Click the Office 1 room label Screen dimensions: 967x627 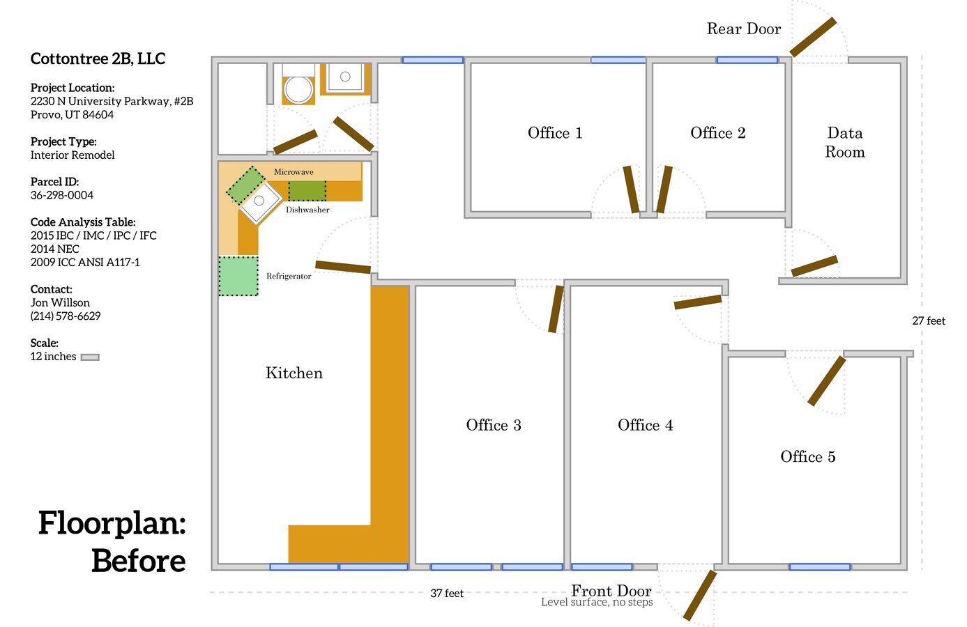[555, 133]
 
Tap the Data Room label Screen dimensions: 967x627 [845, 142]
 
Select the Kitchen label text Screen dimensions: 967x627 [294, 373]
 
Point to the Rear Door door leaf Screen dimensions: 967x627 [814, 37]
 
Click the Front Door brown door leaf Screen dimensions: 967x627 [700, 595]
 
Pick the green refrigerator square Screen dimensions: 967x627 [238, 276]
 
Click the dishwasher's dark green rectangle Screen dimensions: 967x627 [307, 191]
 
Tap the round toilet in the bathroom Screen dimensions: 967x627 [298, 90]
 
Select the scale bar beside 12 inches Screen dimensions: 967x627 [90, 357]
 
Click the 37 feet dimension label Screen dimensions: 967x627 [447, 594]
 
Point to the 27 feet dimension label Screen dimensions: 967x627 [929, 320]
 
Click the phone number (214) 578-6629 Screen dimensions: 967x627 [66, 316]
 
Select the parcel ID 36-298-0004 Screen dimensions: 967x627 [62, 195]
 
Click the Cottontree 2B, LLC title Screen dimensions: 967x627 [98, 59]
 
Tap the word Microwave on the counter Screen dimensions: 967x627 [294, 172]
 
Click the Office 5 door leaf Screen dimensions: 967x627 [827, 381]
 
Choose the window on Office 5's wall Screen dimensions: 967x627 [820, 566]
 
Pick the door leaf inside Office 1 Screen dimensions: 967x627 [631, 189]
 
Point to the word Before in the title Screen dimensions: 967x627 [139, 561]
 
